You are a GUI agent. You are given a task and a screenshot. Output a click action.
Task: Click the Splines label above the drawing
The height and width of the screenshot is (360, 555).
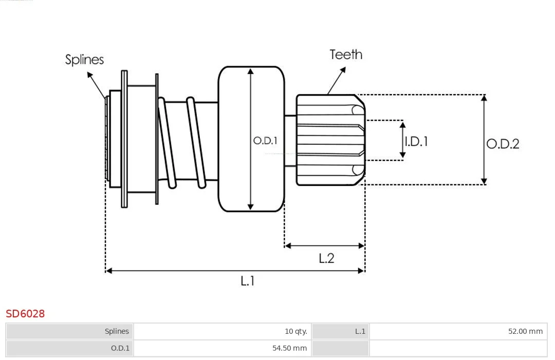[85, 60]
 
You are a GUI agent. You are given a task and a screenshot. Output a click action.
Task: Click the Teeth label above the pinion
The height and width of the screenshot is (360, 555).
[346, 54]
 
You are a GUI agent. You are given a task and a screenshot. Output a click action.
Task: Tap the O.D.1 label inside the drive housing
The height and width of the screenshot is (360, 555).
[265, 141]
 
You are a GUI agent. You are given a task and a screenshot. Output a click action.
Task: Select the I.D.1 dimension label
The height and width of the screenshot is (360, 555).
[416, 141]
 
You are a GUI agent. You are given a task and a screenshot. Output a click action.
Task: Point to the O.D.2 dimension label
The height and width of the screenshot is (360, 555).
[503, 144]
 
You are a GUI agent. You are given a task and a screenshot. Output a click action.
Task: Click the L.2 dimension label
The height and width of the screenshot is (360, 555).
[326, 258]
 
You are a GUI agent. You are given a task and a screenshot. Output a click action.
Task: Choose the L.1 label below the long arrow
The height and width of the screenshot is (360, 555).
[247, 281]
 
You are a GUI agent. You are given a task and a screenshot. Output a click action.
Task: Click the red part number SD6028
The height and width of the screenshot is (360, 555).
[25, 314]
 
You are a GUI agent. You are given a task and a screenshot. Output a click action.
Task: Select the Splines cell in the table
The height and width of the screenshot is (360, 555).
[117, 331]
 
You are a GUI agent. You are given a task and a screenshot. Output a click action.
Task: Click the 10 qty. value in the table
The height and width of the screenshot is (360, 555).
[296, 331]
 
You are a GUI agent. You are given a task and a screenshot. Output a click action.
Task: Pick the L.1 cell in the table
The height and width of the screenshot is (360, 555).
[360, 331]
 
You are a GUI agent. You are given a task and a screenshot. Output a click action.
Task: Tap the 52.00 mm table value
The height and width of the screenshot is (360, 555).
[525, 331]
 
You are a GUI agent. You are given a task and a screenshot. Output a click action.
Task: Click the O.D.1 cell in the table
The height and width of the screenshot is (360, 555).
[120, 348]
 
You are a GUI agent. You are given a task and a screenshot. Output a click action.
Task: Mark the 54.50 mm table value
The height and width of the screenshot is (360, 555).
[289, 348]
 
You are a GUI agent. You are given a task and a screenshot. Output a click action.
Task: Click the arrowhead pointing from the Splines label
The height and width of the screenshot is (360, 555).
[90, 75]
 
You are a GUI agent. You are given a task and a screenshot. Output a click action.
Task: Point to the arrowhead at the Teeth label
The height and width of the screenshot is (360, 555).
[343, 70]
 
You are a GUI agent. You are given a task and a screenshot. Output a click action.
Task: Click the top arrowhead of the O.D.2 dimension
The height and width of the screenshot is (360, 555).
[484, 98]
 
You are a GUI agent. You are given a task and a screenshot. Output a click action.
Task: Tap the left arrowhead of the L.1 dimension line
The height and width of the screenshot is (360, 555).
[109, 271]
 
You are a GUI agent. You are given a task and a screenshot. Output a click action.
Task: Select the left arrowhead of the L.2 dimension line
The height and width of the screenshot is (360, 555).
[288, 245]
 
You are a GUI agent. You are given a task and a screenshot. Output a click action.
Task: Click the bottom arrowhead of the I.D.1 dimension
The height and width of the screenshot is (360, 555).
[402, 155]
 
